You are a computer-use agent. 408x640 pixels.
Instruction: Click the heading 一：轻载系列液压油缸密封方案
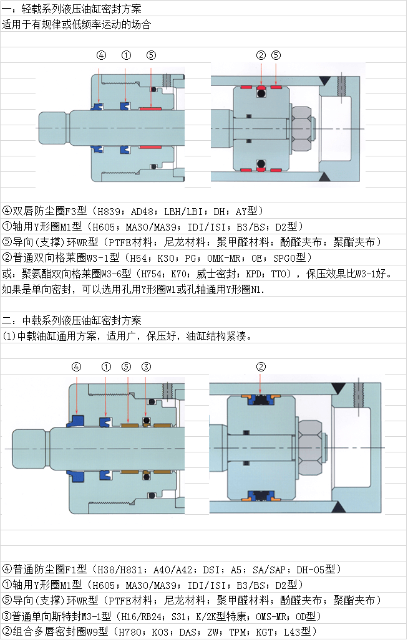[x=72, y=9]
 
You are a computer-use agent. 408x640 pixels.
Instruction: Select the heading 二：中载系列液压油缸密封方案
[x=72, y=320]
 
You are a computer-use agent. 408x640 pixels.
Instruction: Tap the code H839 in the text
[x=109, y=211]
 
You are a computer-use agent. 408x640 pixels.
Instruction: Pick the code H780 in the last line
[x=130, y=632]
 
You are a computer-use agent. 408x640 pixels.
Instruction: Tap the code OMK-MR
[x=223, y=258]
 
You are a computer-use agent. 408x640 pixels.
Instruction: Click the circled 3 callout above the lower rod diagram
[x=146, y=366]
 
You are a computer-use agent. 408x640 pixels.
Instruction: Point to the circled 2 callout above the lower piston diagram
[x=261, y=366]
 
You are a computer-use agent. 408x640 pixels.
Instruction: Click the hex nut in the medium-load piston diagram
[x=311, y=448]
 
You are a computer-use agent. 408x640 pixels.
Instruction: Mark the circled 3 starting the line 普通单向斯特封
[x=6, y=616]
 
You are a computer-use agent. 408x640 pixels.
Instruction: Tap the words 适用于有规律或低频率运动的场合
[x=76, y=24]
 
